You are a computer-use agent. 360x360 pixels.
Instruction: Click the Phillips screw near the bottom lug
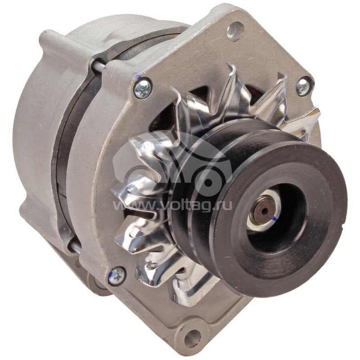[117, 274]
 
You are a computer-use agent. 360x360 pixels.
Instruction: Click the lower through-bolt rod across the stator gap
[74, 245]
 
